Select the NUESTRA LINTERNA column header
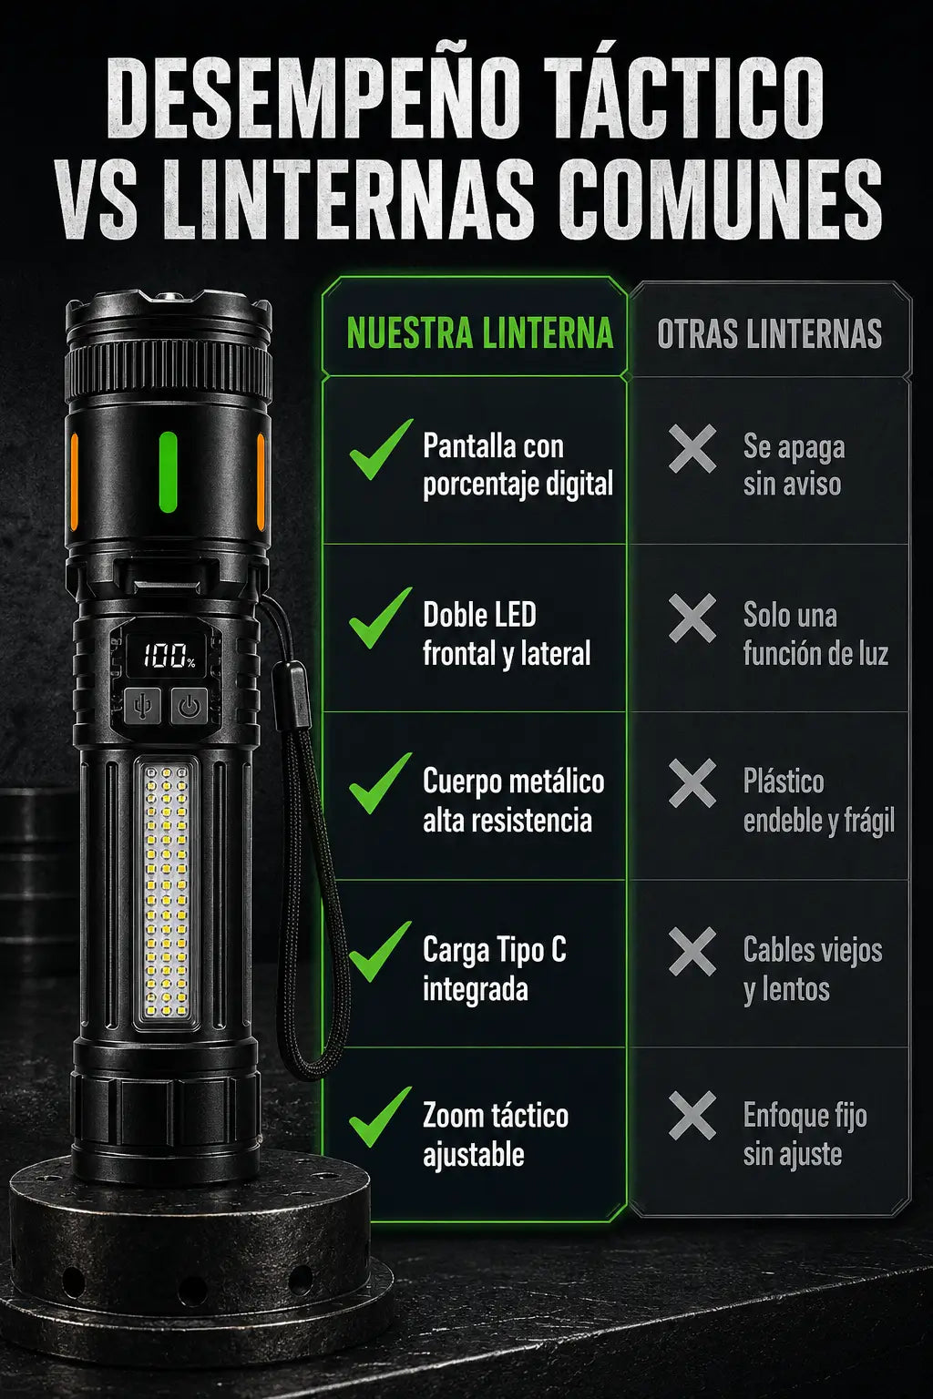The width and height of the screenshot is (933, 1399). click(480, 333)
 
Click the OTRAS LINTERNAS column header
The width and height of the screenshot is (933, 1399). click(769, 334)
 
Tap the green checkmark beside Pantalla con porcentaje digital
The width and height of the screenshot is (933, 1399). click(381, 450)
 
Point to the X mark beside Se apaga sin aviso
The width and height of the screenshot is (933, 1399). click(692, 448)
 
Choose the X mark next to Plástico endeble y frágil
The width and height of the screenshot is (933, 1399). click(692, 783)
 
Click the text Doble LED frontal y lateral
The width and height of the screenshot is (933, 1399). click(507, 634)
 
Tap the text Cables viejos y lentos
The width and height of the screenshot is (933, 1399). click(813, 969)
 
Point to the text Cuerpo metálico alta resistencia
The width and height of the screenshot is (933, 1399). click(513, 801)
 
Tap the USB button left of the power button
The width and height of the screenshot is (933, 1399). click(142, 707)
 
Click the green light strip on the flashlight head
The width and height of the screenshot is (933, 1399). click(168, 472)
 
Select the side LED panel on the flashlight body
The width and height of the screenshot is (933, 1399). click(166, 894)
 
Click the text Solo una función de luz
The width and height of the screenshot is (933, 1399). click(815, 634)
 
